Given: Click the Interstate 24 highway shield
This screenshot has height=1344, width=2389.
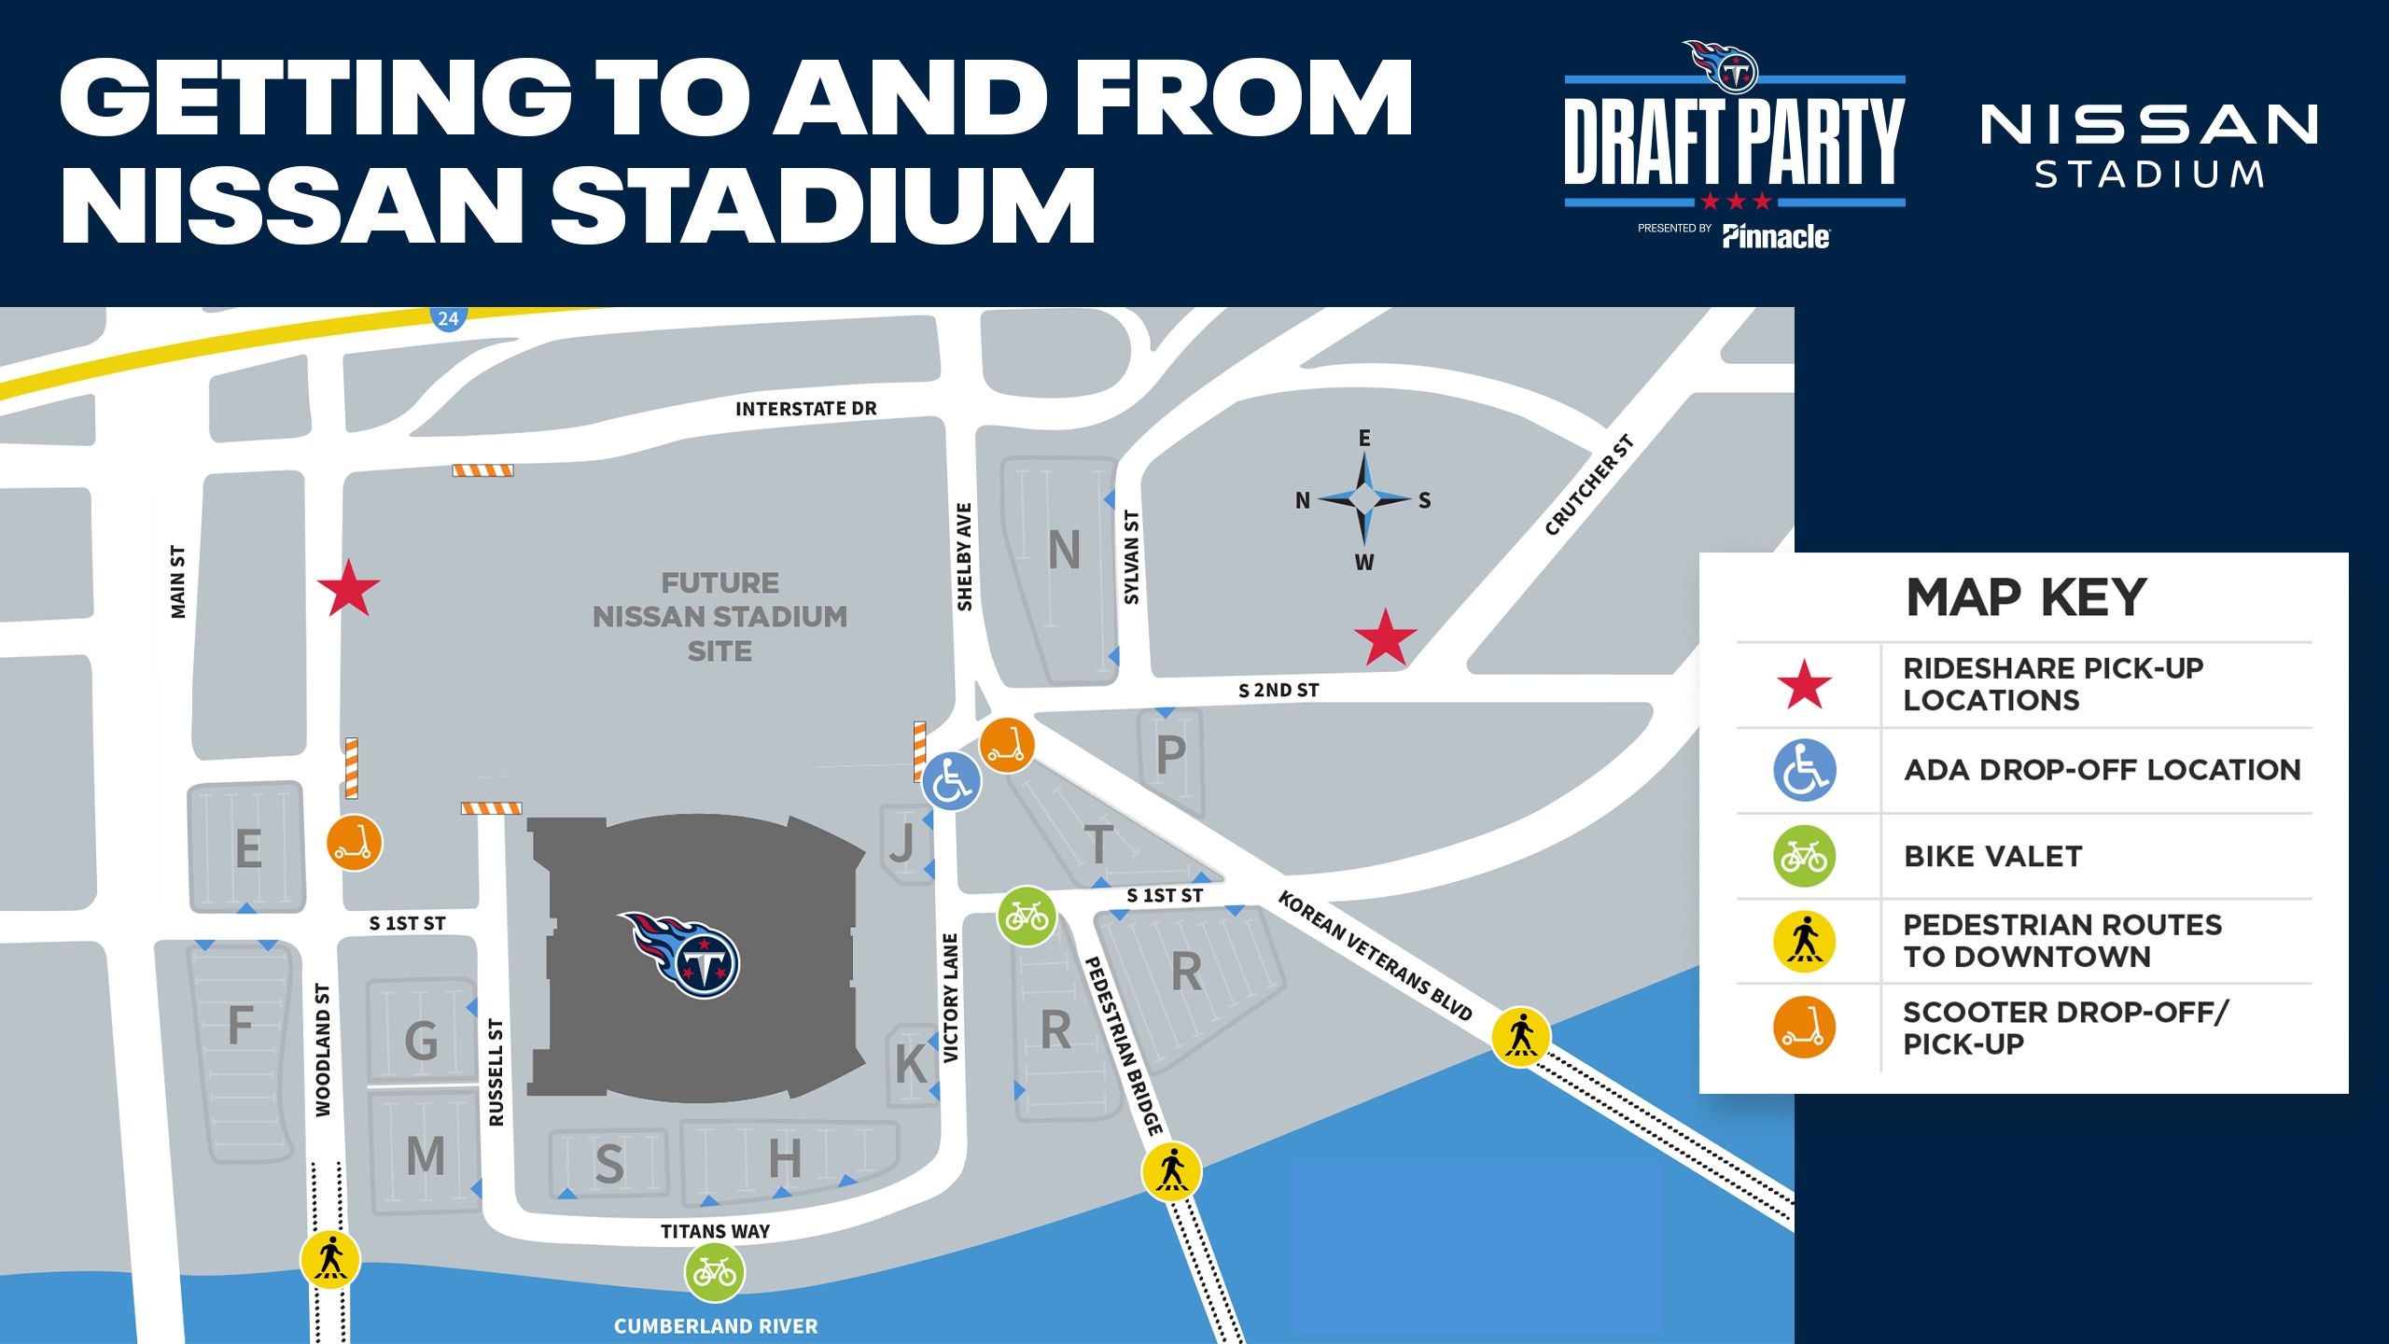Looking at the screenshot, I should [448, 318].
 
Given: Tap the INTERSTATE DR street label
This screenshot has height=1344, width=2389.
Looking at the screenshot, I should [805, 409].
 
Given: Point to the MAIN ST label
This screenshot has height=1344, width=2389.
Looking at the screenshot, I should [177, 581].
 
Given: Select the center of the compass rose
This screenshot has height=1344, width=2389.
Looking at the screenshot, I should [1364, 499].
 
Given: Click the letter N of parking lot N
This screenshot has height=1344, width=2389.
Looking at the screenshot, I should [1064, 551].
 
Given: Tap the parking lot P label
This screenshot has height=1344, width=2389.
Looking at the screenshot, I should [1170, 755].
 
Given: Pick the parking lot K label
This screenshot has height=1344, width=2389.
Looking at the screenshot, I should [911, 1064].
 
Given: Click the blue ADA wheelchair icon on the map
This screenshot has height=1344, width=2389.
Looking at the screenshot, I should [951, 780].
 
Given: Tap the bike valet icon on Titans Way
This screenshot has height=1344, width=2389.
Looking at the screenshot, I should [715, 1271].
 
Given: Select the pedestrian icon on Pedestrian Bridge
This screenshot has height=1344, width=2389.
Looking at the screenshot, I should [1171, 1170].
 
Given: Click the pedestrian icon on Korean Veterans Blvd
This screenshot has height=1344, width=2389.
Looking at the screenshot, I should [1520, 1036].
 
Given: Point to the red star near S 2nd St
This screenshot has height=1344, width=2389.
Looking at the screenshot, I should [1386, 638].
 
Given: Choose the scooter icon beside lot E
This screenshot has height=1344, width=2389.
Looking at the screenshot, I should [354, 843].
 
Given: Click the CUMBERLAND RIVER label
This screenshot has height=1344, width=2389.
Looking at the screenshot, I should [716, 1326].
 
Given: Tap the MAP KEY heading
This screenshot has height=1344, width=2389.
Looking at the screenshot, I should [2026, 597].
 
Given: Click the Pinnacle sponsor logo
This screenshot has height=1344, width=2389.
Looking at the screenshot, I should [1776, 237].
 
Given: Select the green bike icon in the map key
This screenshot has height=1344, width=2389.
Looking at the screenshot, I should [1804, 856].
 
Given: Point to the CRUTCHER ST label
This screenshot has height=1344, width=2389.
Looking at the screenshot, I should [1588, 485].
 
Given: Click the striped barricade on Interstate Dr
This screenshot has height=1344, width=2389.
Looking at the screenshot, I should [482, 470].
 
